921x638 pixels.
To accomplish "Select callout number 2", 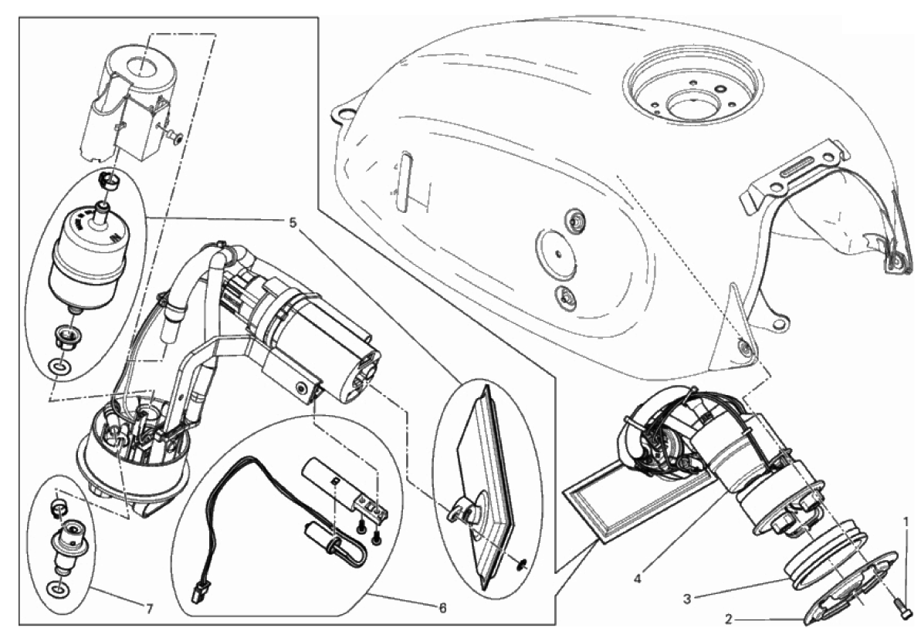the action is (729, 619).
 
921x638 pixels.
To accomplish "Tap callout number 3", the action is (687, 599).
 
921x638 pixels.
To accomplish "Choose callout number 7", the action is (149, 609).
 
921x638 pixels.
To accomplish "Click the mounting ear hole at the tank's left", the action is (342, 112).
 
